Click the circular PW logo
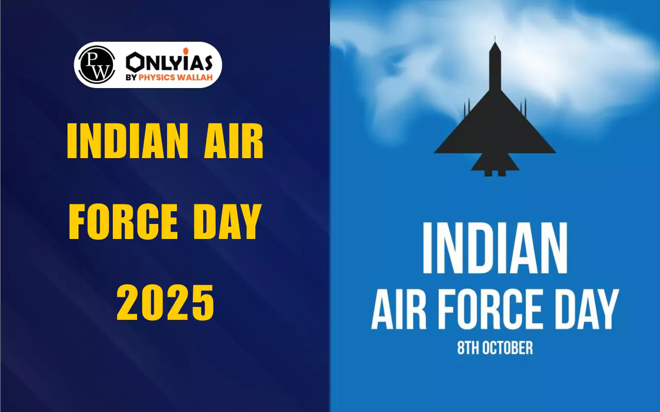96,65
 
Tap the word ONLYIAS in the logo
169,62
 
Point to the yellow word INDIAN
127,141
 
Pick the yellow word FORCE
123,221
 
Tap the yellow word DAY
227,221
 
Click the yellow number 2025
166,302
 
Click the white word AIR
399,310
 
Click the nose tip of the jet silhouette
495,37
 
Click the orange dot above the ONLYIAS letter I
186,51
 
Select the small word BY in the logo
131,78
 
